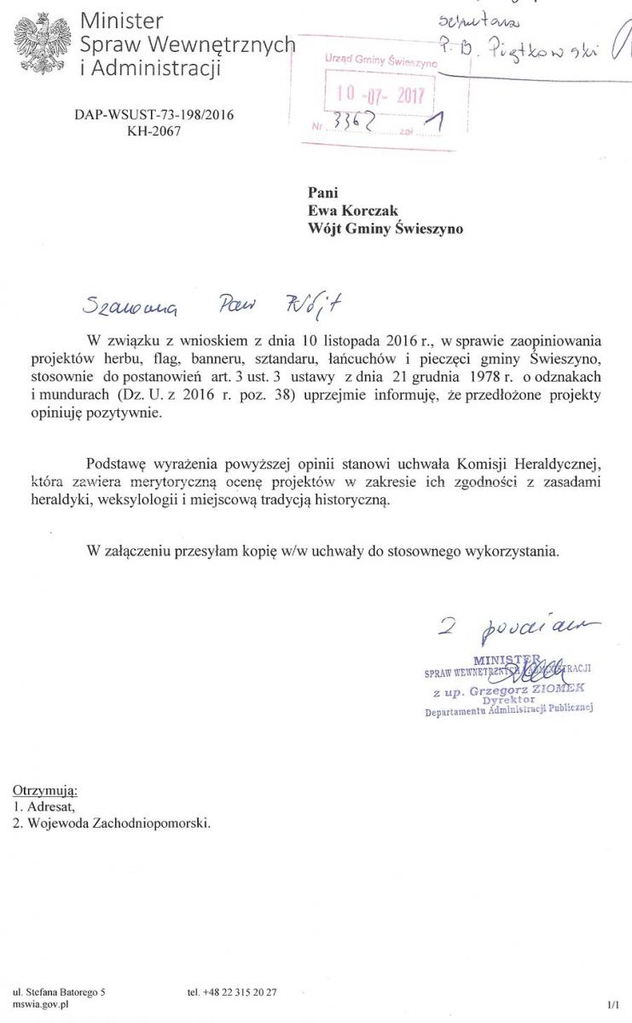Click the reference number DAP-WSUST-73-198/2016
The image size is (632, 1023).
tap(154, 113)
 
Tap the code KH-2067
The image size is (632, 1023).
tap(154, 130)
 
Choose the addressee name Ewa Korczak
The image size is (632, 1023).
tap(350, 211)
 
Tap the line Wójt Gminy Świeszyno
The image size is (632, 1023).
tap(386, 228)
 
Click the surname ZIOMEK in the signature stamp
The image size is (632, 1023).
tap(560, 687)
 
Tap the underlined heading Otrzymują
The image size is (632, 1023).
tap(45, 790)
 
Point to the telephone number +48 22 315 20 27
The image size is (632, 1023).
tap(236, 992)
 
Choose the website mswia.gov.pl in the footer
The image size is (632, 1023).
tap(41, 1005)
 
